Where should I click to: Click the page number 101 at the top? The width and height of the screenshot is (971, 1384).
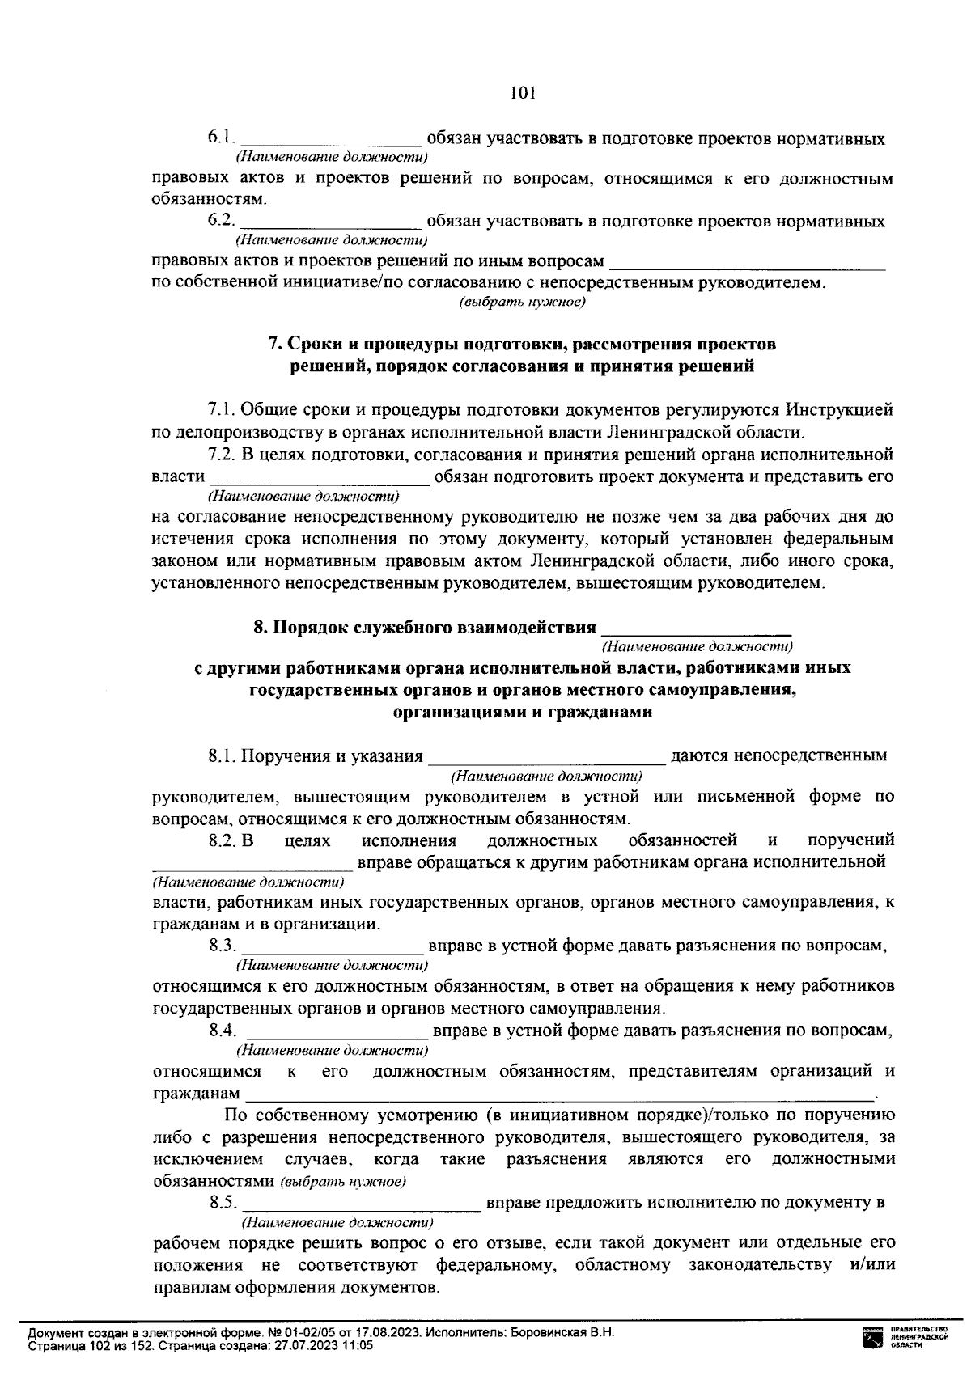point(524,93)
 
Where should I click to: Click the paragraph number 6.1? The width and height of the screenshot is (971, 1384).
point(221,138)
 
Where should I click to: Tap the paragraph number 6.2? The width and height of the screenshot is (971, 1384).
point(221,221)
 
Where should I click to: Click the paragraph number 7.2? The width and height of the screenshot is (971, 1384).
point(221,454)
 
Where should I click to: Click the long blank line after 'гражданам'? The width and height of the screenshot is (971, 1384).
point(558,1097)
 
